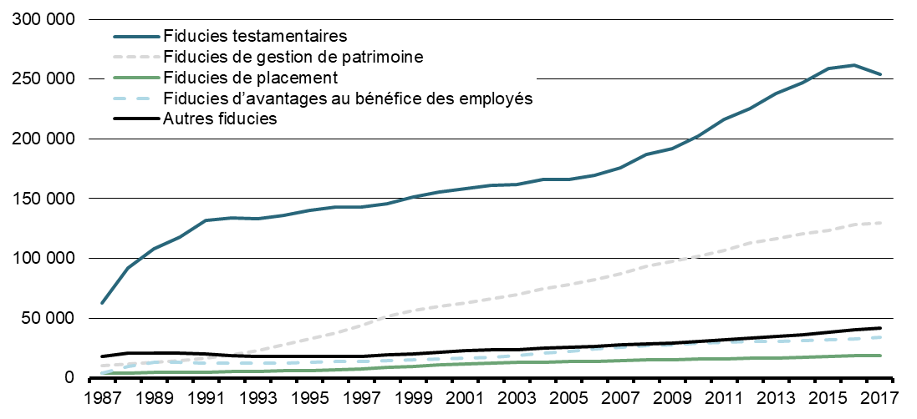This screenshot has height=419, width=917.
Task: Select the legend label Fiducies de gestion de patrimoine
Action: tap(306, 58)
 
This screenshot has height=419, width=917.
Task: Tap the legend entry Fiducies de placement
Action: tap(251, 78)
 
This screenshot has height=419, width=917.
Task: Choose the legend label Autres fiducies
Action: tap(221, 119)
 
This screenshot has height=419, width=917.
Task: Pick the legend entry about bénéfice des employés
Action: tap(349, 98)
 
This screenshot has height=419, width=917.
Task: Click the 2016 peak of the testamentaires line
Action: tap(853, 65)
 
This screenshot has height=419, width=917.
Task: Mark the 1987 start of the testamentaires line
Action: tap(102, 303)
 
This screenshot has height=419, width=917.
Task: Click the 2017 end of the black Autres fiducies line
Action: tap(879, 328)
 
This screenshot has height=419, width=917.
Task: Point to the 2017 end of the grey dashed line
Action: tap(879, 223)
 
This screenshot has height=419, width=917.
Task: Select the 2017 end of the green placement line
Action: tap(879, 356)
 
